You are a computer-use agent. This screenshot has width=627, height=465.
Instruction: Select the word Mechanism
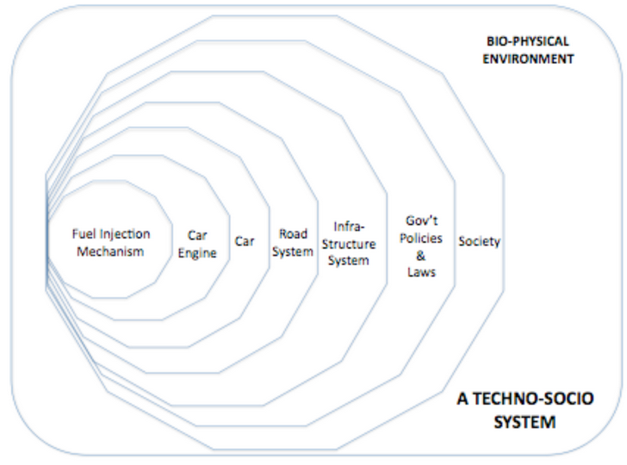(110, 251)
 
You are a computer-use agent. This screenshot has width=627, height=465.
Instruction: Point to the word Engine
(197, 253)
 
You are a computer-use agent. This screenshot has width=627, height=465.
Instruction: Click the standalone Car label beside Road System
(245, 241)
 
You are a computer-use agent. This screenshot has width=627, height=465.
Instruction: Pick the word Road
(293, 234)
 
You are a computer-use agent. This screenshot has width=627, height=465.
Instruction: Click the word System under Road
(293, 252)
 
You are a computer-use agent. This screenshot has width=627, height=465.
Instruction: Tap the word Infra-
(349, 226)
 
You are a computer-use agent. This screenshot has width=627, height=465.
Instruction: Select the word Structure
(349, 244)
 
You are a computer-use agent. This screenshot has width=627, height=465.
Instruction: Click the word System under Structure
(349, 261)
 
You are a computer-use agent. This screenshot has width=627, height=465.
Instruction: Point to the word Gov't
(421, 220)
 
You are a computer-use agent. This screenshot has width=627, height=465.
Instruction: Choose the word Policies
(421, 239)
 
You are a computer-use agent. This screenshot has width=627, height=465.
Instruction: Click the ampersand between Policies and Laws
(420, 256)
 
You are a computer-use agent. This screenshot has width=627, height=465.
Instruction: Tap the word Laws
(421, 272)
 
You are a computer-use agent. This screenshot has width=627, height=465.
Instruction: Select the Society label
(479, 242)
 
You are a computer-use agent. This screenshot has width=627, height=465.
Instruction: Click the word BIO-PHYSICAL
(528, 41)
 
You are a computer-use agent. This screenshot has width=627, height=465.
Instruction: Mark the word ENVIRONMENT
(528, 59)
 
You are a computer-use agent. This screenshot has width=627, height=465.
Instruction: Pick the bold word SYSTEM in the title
(525, 422)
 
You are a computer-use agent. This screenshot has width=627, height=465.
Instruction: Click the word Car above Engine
(197, 236)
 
